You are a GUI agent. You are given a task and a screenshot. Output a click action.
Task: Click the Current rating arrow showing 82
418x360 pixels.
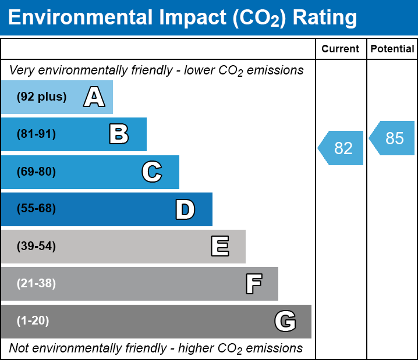[342, 148]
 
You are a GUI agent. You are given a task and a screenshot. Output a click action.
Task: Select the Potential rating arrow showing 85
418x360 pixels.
[393, 138]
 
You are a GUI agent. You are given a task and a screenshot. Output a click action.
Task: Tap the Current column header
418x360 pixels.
[341, 49]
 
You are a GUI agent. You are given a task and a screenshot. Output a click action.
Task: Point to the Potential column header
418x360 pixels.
[392, 49]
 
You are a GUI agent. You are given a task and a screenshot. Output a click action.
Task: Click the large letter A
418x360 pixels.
[94, 97]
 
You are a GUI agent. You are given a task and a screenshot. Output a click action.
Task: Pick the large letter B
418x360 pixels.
[119, 134]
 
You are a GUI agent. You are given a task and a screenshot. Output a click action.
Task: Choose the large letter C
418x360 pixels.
[151, 172]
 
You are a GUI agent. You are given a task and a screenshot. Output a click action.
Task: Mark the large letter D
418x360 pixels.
[185, 209]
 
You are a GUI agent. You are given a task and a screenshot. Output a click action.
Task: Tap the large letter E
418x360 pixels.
[219, 247]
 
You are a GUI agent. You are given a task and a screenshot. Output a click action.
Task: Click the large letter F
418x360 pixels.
[253, 284]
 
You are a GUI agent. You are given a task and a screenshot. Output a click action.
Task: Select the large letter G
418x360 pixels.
[285, 321]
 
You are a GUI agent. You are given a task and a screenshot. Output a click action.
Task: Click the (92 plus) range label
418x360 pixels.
[41, 97]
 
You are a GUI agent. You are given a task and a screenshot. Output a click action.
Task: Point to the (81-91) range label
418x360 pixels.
[36, 134]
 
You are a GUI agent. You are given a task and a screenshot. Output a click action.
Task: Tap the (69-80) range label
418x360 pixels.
[36, 172]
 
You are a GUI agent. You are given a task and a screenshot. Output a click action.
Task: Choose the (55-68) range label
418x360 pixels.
[36, 209]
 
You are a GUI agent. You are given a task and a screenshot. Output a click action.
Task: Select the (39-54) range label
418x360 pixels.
[36, 247]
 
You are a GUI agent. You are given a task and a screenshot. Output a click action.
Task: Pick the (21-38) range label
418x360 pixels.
[36, 284]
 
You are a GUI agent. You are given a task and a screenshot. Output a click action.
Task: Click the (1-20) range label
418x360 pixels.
[33, 321]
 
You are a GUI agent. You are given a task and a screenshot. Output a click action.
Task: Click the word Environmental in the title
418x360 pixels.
[80, 18]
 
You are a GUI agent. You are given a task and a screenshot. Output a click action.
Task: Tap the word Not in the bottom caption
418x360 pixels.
[19, 348]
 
